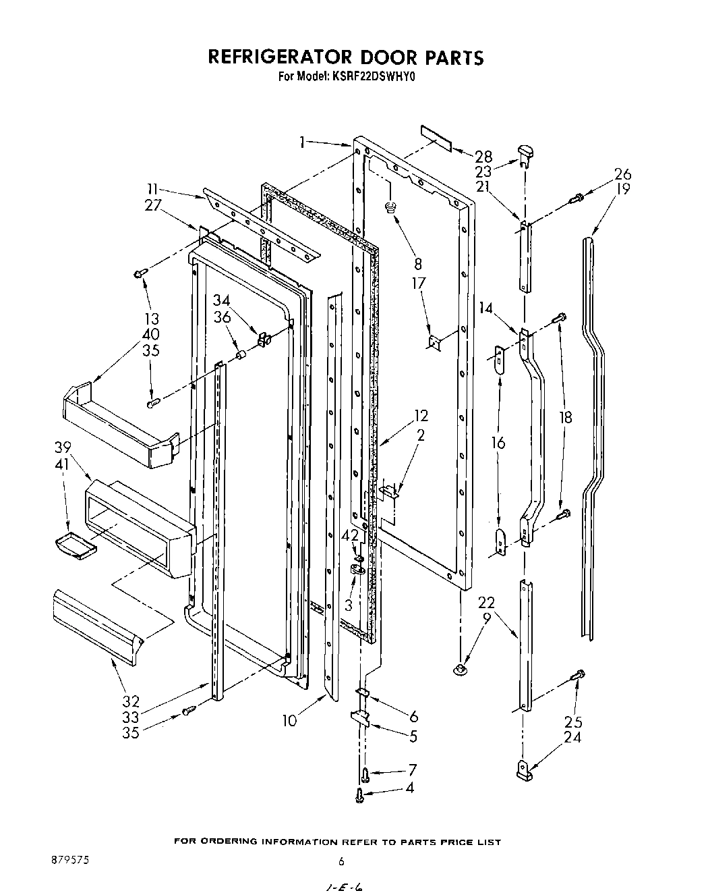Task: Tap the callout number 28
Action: (483, 157)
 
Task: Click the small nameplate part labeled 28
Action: (436, 137)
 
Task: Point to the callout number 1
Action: (303, 142)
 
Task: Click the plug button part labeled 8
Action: (389, 207)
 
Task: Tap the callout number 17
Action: (419, 283)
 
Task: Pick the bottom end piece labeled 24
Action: (525, 769)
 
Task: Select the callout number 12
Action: (421, 416)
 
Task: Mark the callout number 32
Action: (131, 700)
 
